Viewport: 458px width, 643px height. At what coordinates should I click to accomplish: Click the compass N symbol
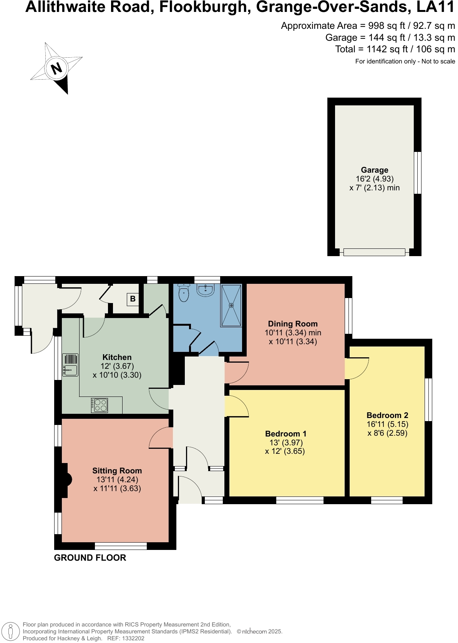click(x=56, y=68)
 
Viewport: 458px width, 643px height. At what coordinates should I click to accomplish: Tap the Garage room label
click(x=374, y=170)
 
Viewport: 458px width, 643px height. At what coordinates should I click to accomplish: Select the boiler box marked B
click(x=133, y=299)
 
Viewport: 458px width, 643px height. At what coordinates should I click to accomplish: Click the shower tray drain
click(x=231, y=305)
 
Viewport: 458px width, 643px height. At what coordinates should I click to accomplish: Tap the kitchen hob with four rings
click(x=100, y=405)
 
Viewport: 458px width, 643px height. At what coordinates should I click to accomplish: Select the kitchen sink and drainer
click(x=70, y=365)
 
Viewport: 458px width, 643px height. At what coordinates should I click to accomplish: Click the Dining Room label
click(x=293, y=324)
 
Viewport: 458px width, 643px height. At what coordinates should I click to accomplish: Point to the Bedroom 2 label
click(x=387, y=415)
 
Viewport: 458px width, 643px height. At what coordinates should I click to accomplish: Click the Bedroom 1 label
click(x=286, y=434)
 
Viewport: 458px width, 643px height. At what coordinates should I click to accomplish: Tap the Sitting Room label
click(x=117, y=471)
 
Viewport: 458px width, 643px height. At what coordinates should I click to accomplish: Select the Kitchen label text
click(x=117, y=357)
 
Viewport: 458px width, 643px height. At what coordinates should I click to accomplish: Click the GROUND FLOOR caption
click(x=90, y=558)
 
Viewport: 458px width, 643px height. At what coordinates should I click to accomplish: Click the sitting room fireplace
click(x=65, y=480)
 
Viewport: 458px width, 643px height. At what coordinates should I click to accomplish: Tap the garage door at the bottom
click(x=374, y=252)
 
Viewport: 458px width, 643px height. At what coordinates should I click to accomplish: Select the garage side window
click(x=417, y=173)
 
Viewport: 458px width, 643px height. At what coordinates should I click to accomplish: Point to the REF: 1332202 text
click(x=126, y=638)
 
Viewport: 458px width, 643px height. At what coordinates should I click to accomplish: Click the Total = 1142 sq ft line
click(x=395, y=49)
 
